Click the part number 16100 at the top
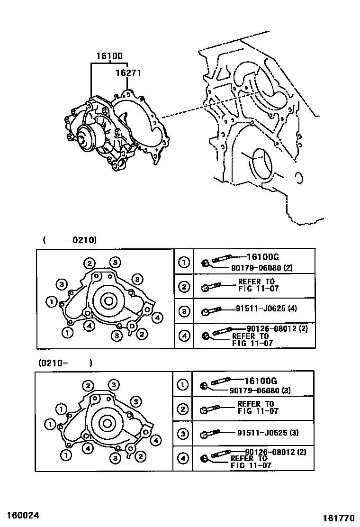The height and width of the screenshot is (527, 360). (109, 56)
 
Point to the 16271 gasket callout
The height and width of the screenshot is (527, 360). (128, 73)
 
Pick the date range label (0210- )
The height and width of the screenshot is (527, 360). (65, 363)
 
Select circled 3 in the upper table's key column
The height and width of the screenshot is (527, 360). (184, 311)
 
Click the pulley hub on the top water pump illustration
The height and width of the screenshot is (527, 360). (85, 137)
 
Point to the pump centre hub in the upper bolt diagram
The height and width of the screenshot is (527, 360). (108, 300)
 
